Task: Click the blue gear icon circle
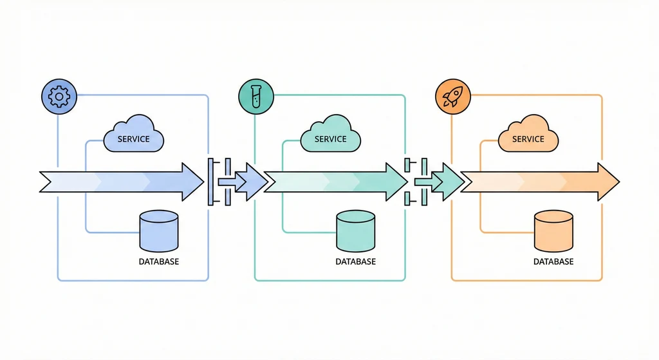point(59,97)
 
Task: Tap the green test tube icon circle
point(255,97)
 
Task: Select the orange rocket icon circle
point(453,97)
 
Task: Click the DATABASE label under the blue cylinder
point(159,262)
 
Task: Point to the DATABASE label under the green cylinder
point(356,262)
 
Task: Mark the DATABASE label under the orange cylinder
point(553,262)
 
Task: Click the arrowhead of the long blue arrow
point(192,182)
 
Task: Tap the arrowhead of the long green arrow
point(395,182)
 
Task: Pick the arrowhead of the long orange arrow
point(607,182)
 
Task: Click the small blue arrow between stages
point(250,182)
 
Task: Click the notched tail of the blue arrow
point(48,182)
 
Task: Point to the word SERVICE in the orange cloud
point(528,139)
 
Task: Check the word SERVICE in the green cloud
point(331,139)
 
